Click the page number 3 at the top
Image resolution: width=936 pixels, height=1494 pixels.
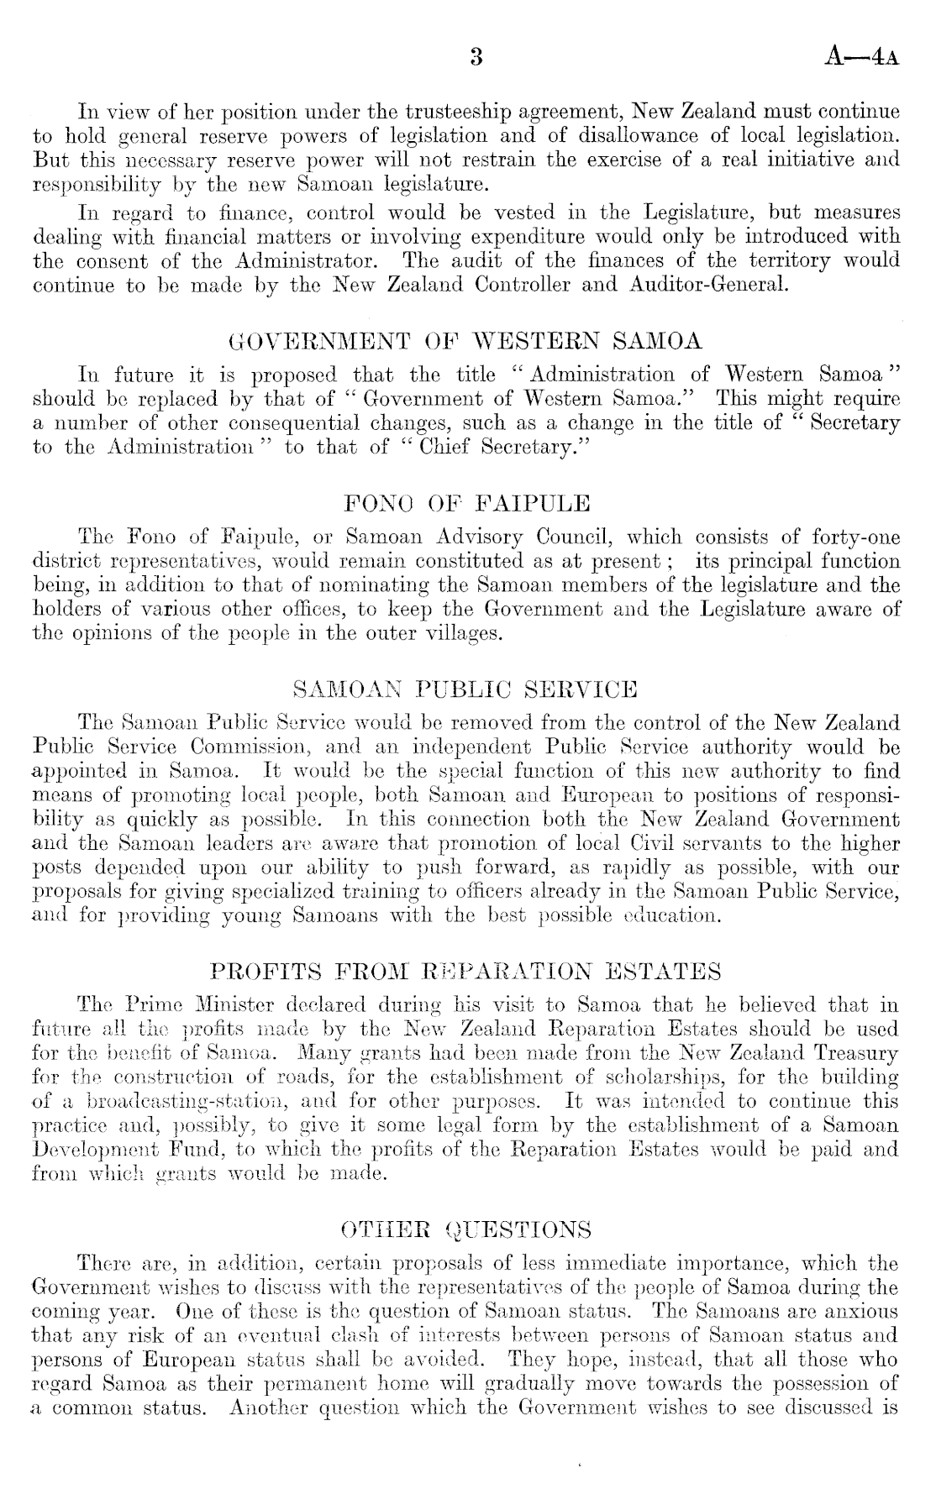tap(476, 58)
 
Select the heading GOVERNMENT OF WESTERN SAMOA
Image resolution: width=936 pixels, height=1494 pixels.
tap(467, 342)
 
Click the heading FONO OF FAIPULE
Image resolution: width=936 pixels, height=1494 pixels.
tap(467, 504)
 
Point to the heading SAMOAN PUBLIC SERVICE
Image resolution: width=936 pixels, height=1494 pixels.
tap(467, 690)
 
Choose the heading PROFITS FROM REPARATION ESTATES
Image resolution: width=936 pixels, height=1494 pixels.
tap(467, 972)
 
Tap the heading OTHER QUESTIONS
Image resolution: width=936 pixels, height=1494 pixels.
tap(467, 1230)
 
